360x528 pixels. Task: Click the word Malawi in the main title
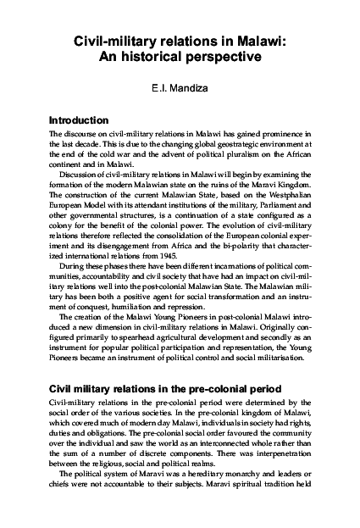[x=263, y=39]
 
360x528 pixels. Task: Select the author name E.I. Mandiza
[x=180, y=86]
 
